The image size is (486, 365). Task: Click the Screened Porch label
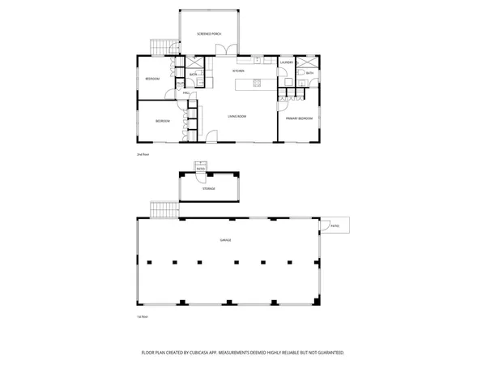[x=209, y=34]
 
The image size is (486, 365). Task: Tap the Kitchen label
[x=239, y=71]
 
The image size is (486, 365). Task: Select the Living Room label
[x=237, y=116]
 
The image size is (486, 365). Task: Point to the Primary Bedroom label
[x=299, y=118]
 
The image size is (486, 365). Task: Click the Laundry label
[x=286, y=62]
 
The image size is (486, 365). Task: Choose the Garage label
[x=225, y=241]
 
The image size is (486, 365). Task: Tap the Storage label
[x=209, y=188]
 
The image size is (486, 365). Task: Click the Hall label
[x=185, y=93]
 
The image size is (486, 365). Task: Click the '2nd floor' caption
[x=143, y=153]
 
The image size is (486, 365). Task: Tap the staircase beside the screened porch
[x=164, y=46]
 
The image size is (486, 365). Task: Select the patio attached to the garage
[x=335, y=225]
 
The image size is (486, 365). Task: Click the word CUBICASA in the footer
[x=211, y=353]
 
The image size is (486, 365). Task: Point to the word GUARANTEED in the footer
[x=327, y=353]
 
